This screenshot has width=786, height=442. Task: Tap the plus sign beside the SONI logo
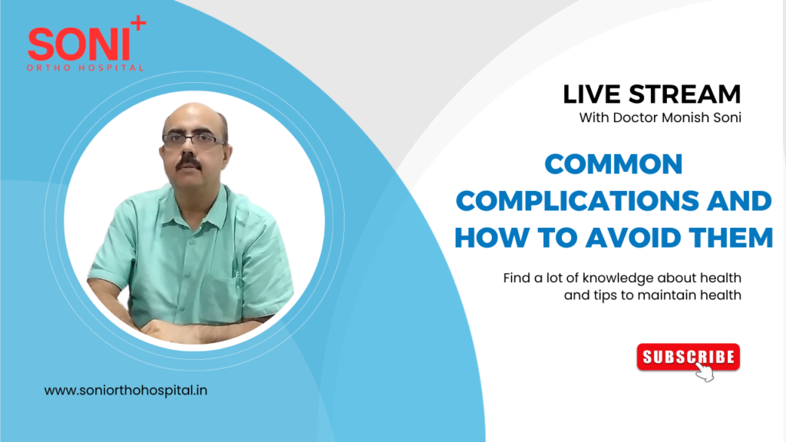point(138,25)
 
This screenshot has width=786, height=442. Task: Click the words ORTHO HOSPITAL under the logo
point(86,68)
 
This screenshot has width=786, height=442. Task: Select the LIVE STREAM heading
point(652,94)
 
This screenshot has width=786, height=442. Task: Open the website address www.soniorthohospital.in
point(126,391)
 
